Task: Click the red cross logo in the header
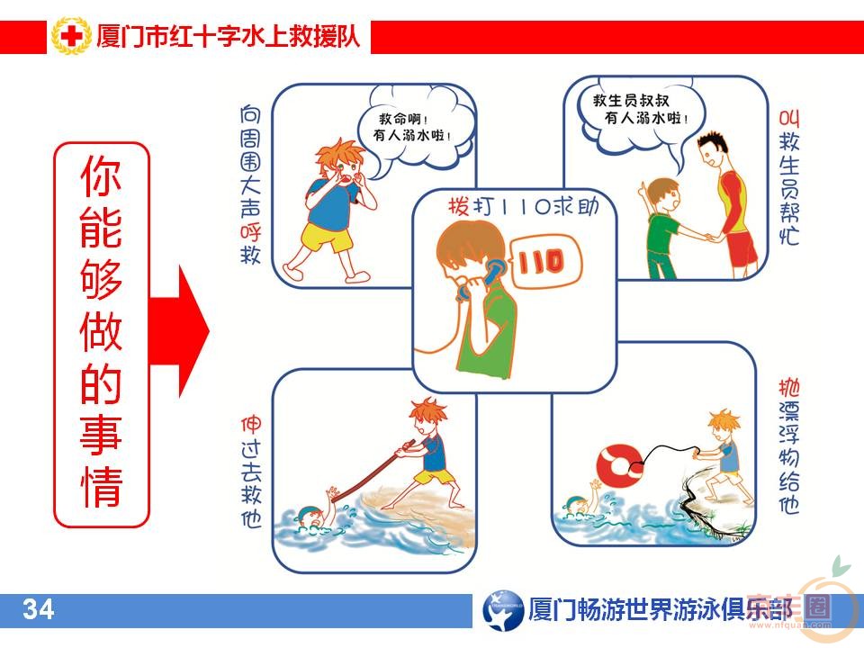pyautogui.click(x=71, y=38)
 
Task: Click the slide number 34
pyautogui.click(x=39, y=610)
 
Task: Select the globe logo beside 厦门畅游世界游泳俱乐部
pyautogui.click(x=502, y=610)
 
